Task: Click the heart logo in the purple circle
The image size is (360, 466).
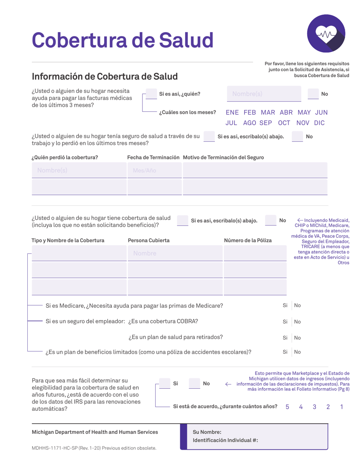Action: coord(326,35)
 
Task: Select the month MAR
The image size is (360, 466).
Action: coord(268,113)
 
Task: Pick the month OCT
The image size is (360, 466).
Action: coord(284,123)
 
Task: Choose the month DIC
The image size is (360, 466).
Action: coord(319,123)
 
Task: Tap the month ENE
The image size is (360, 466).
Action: coord(232,113)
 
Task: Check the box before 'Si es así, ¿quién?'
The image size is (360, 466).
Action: coord(151,94)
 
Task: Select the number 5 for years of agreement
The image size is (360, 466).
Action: coord(287,407)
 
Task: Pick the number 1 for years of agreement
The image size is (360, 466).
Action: coord(342,407)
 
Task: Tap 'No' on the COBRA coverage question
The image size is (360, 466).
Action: coord(297,322)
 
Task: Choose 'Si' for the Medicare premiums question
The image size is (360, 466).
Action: coord(285,305)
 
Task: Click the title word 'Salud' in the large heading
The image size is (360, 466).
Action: coord(186,39)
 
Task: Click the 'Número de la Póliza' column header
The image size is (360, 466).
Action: coord(248,240)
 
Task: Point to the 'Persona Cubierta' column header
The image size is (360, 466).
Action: coord(149,240)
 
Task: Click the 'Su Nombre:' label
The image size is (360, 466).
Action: coord(207,432)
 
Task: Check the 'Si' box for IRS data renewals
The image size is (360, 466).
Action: coord(164,383)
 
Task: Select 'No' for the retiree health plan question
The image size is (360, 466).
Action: coord(297,338)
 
